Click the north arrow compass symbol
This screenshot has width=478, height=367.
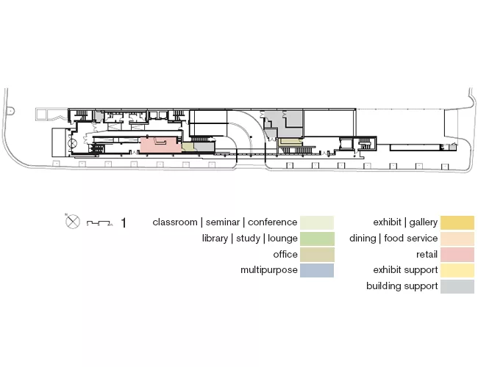pos(73,221)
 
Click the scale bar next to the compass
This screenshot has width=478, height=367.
pos(100,223)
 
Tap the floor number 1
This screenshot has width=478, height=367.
pos(124,223)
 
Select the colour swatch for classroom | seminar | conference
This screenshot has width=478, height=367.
pos(317,222)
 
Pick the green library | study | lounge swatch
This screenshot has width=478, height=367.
pos(317,239)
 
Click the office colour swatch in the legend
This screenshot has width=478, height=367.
pos(317,255)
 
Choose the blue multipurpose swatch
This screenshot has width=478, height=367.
pos(317,270)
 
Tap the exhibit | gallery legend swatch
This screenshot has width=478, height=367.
pos(457,222)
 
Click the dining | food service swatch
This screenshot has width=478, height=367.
pos(457,239)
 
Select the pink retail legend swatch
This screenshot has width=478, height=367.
pos(457,255)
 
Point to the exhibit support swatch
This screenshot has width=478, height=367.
pos(457,270)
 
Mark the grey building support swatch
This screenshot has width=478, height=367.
pos(457,286)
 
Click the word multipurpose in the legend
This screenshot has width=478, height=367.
pos(269,270)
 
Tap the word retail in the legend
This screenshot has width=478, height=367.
pos(427,255)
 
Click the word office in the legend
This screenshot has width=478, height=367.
pos(285,255)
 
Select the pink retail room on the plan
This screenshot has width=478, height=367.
pos(160,145)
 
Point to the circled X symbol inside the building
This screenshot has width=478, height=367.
pos(73,145)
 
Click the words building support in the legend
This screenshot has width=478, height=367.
pos(402,286)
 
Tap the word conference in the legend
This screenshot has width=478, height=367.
pos(272,222)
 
